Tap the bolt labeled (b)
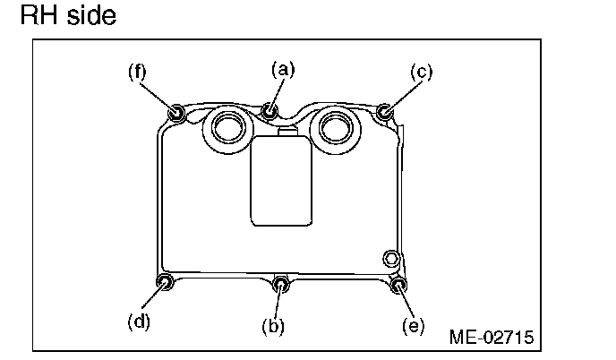tap(281, 285)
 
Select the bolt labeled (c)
tap(385, 111)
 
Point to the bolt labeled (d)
tap(165, 284)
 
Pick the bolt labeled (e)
tap(399, 286)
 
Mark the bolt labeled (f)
tap(176, 112)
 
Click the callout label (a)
tap(283, 68)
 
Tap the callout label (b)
tap(273, 326)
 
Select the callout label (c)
tap(421, 71)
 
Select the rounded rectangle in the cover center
tap(281, 181)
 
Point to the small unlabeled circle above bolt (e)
tap(391, 259)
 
